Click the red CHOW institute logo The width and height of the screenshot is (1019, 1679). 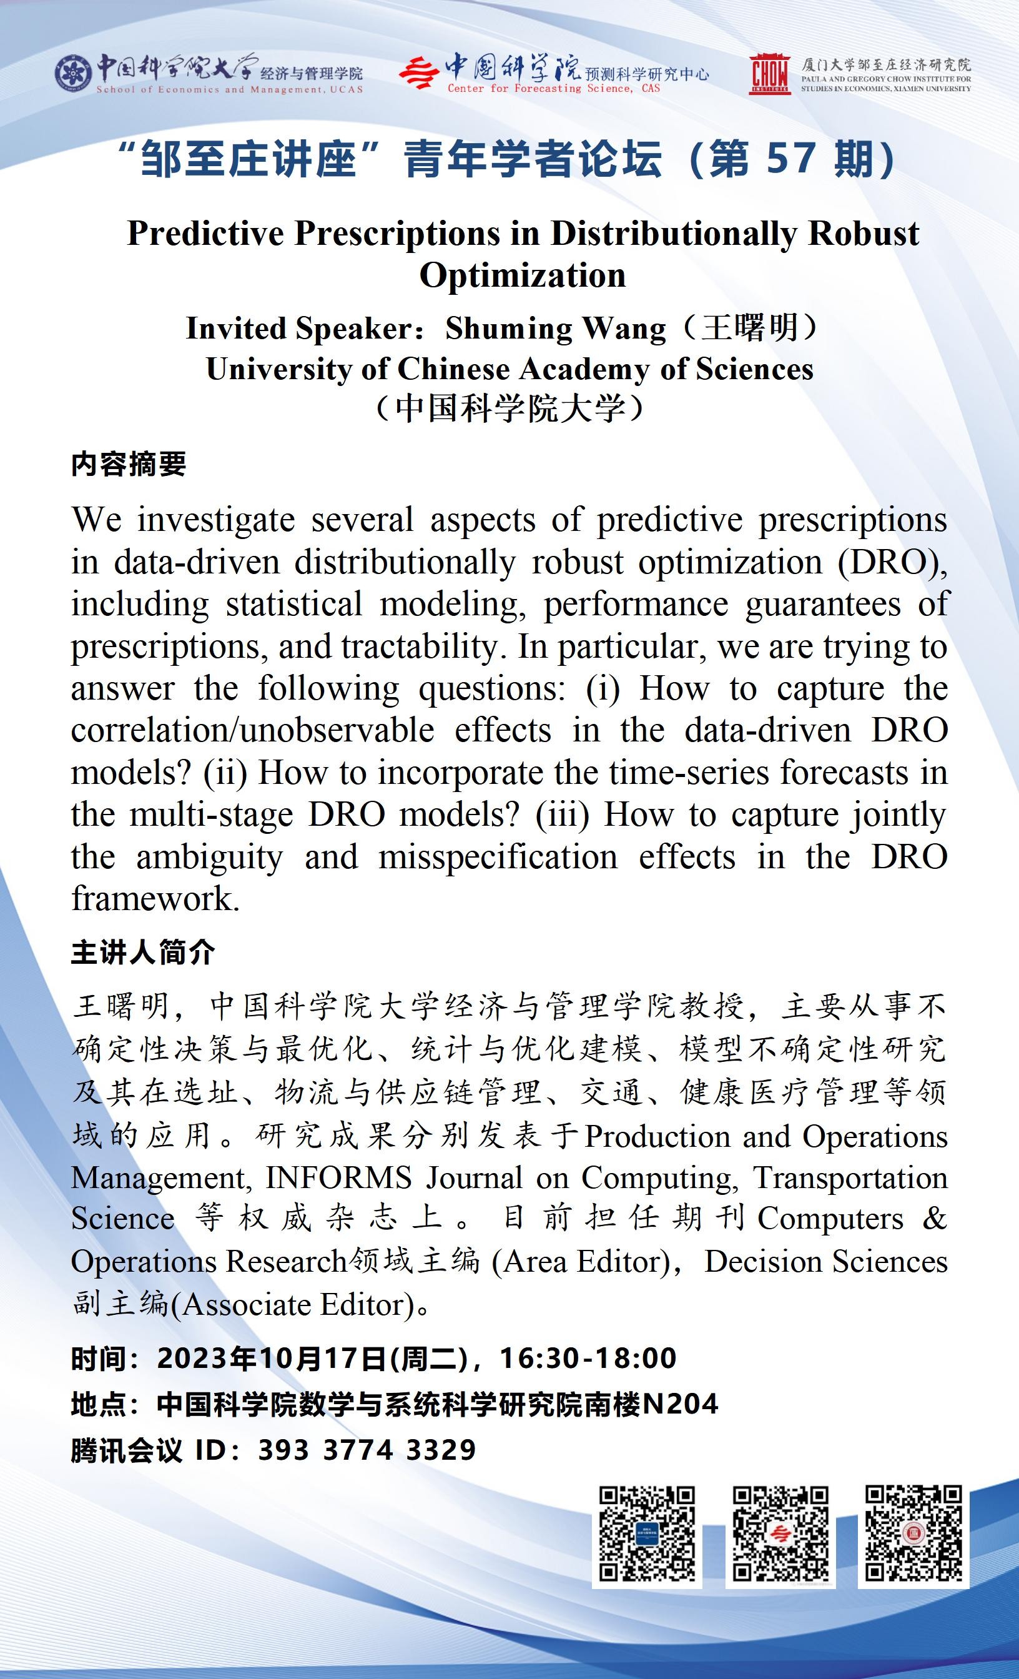click(x=770, y=74)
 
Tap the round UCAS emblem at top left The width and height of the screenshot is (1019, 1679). click(x=74, y=74)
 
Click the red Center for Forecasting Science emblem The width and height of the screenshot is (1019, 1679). click(x=419, y=74)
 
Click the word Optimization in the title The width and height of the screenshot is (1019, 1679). click(x=523, y=276)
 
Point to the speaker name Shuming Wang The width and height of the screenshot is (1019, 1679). click(x=555, y=329)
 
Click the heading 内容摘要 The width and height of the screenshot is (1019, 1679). click(x=129, y=465)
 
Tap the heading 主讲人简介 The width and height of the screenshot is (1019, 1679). click(x=143, y=953)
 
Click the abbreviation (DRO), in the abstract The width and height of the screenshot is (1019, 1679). click(x=892, y=563)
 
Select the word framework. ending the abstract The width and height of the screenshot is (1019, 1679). click(x=155, y=899)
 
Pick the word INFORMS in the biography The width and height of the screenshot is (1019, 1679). click(x=338, y=1178)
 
